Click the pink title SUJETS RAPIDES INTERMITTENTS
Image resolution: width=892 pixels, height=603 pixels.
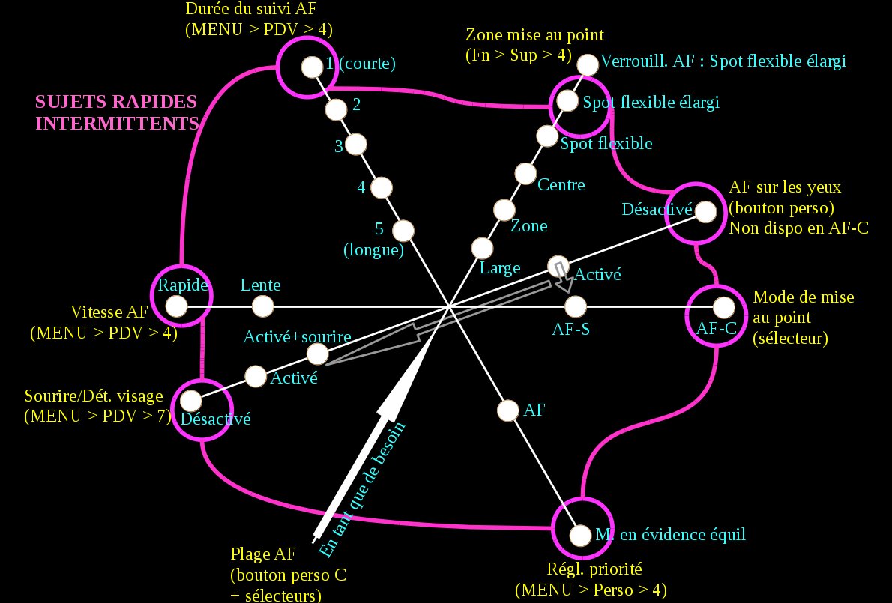(116, 112)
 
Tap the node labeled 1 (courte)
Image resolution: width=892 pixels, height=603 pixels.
(310, 67)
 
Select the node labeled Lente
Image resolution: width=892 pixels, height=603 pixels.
(262, 306)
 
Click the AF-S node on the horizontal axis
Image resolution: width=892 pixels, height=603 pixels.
(575, 306)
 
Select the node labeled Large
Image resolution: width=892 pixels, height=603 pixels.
(482, 247)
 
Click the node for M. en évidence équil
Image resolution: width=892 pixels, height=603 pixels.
(580, 536)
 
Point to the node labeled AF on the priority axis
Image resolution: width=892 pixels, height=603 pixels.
(508, 410)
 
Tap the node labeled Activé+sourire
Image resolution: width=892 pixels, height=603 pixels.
(318, 353)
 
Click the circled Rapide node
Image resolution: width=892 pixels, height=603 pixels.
(176, 306)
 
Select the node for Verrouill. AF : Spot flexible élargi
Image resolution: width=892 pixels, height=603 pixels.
(588, 64)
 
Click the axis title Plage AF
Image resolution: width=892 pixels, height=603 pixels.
(263, 554)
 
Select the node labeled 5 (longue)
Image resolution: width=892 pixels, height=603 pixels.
(403, 229)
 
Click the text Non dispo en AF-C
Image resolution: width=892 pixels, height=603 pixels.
(798, 228)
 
